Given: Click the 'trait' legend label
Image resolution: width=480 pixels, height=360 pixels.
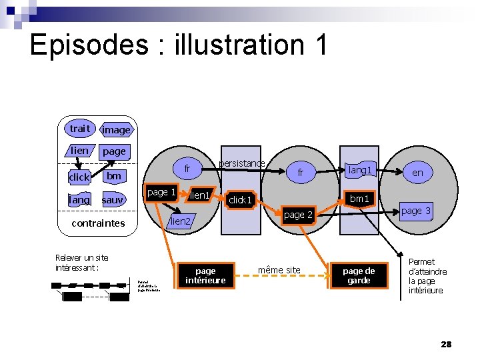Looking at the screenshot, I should click(79, 128).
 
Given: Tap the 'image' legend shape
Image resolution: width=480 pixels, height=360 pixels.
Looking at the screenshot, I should click(116, 130).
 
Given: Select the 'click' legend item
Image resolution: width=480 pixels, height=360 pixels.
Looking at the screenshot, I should click(79, 177).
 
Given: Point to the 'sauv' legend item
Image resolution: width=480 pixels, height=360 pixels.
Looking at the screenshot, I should click(113, 200).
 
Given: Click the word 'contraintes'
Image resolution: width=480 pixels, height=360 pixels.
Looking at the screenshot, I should click(98, 223).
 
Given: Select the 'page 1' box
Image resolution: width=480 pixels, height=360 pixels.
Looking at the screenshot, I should click(161, 193).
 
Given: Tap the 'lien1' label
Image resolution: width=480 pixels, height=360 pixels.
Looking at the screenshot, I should click(200, 195).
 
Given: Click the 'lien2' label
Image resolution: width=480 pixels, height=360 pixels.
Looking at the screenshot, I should click(181, 221).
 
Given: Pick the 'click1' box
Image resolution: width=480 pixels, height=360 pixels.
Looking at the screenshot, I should click(240, 200).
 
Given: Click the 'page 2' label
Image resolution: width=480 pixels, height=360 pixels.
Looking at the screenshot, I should click(298, 215).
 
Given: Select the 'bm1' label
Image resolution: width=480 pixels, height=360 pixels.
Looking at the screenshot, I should click(359, 199).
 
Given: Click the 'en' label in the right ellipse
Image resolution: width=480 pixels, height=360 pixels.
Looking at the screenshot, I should click(417, 173).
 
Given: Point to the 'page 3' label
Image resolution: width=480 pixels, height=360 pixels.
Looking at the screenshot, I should click(416, 211).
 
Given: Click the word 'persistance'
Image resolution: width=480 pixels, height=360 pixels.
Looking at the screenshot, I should click(241, 163).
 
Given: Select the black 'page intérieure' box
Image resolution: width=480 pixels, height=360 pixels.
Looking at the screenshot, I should click(205, 276).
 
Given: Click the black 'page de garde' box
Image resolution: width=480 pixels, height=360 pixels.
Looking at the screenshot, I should click(359, 276).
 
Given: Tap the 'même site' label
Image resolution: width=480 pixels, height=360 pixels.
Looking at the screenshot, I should click(279, 270).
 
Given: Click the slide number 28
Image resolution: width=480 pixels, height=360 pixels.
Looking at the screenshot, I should click(446, 344).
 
